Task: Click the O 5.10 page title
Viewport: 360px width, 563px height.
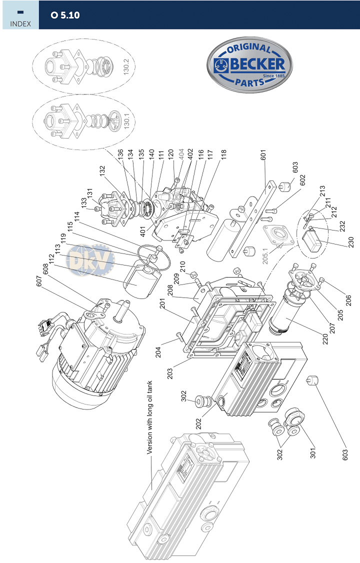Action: [x=65, y=15]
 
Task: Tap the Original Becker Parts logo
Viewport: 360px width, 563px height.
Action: [x=250, y=65]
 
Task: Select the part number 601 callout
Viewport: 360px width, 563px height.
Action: [x=263, y=155]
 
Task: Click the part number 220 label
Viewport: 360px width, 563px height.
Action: [x=325, y=339]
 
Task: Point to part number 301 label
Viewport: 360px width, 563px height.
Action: [x=313, y=453]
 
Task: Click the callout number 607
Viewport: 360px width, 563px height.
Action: [x=39, y=281]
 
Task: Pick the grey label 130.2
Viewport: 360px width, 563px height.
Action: [x=126, y=66]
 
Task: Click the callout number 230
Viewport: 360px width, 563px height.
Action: [x=351, y=242]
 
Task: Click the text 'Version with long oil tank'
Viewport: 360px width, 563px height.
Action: [x=149, y=417]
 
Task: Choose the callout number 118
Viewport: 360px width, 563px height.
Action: [x=224, y=155]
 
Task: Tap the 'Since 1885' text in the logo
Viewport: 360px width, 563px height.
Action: [x=274, y=76]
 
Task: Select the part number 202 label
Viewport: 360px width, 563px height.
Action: [x=198, y=424]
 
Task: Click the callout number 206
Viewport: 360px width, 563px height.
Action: [x=348, y=300]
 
